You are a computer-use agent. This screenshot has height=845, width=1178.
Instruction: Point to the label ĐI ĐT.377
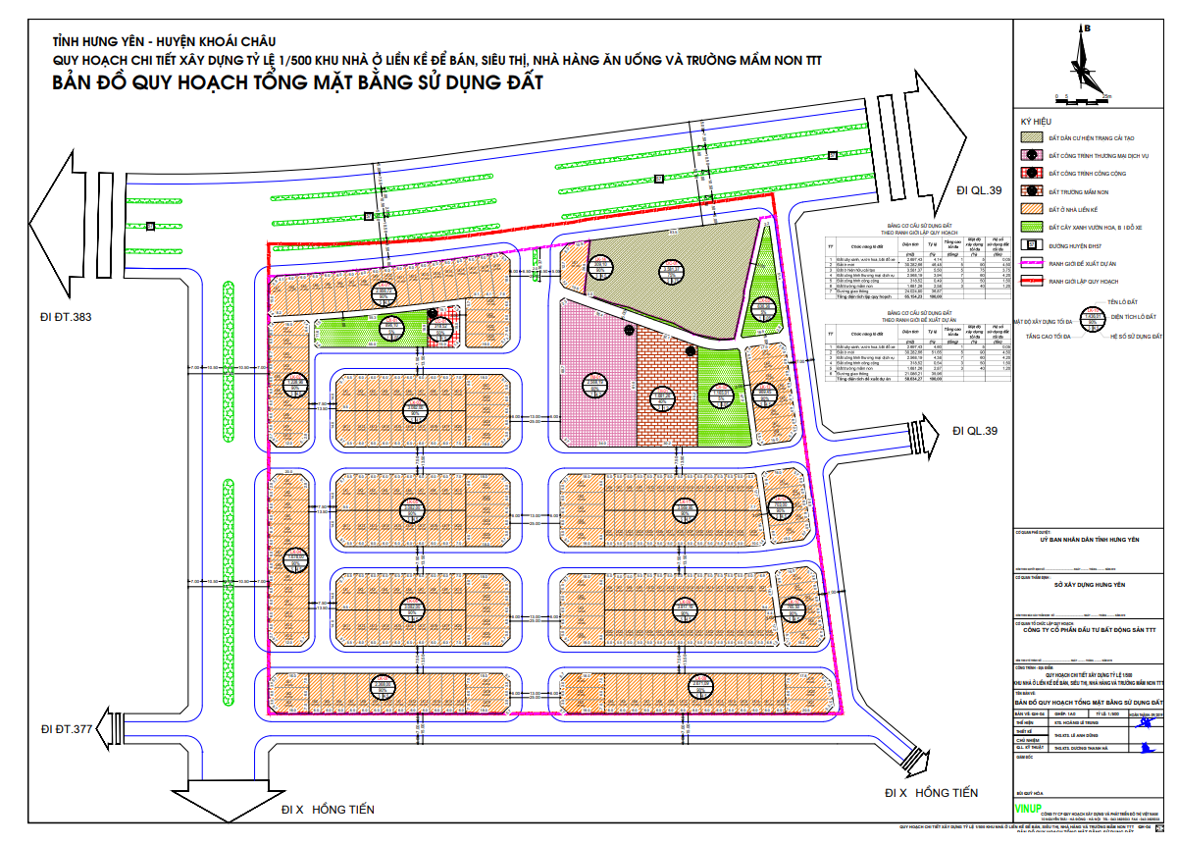pyautogui.click(x=67, y=728)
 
